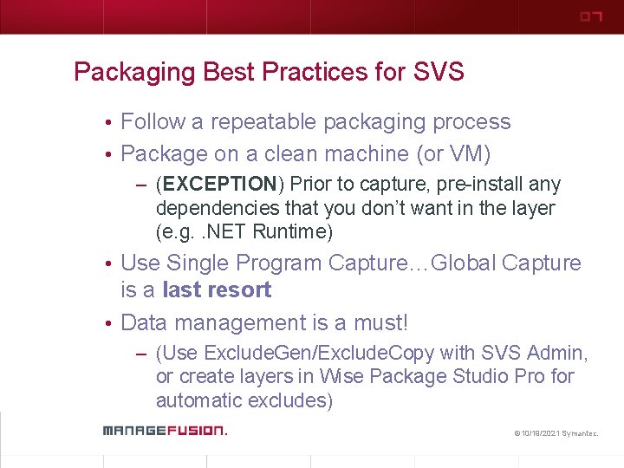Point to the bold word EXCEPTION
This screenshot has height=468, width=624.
pos(220,185)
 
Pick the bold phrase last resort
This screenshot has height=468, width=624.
pos(217,289)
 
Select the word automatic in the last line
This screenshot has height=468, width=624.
pos(198,400)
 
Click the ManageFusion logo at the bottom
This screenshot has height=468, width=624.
pos(164,430)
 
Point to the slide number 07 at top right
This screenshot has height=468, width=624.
pos(590,17)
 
